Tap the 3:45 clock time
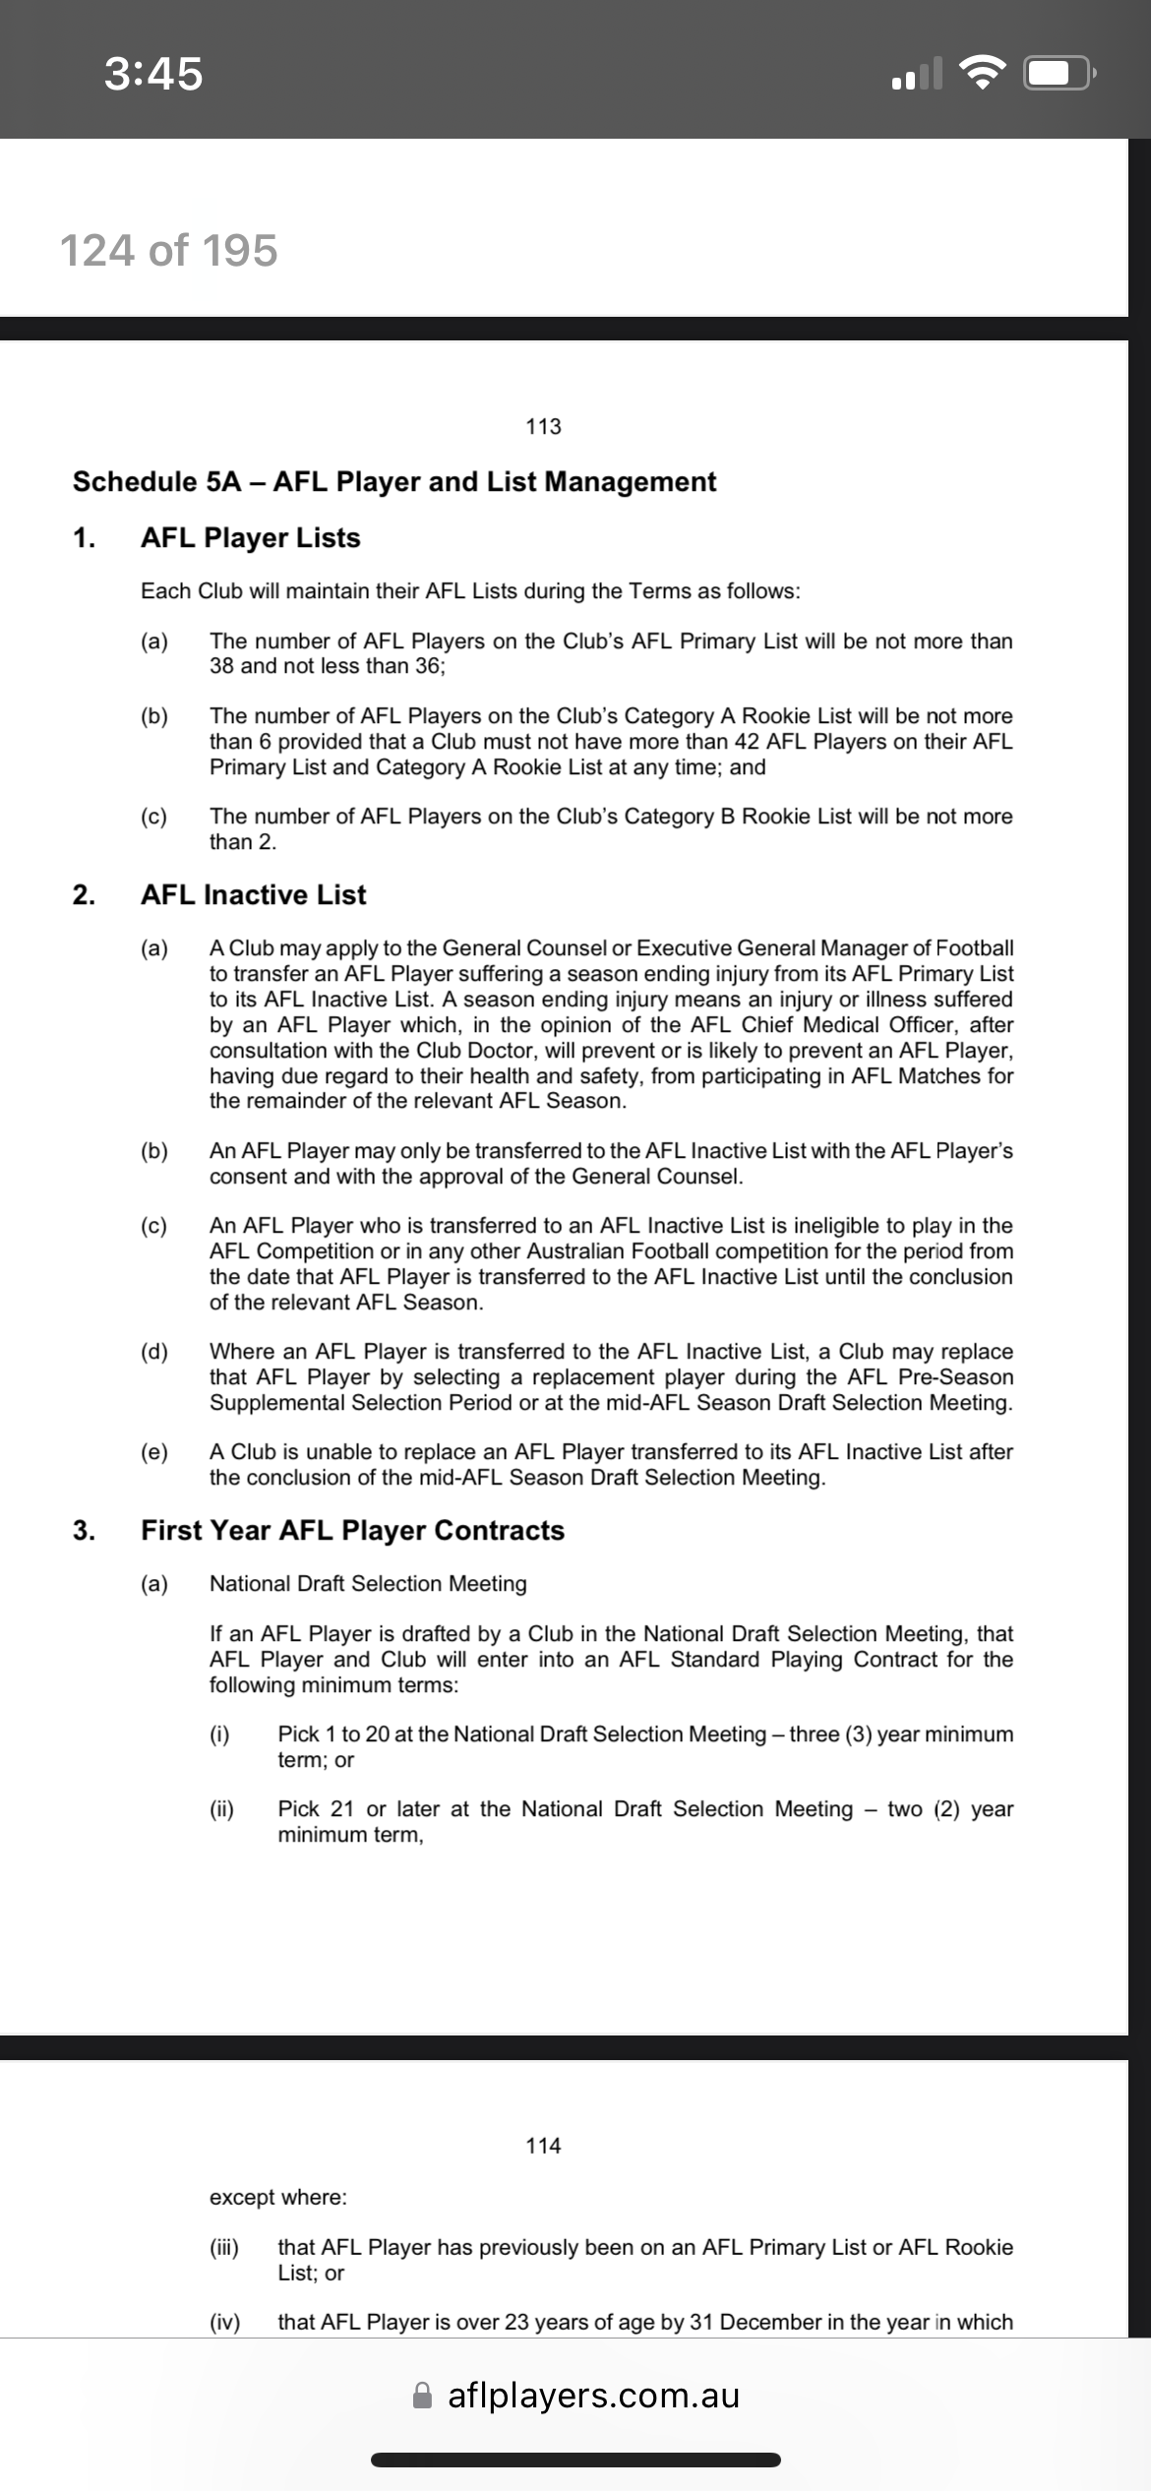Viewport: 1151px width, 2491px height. click(153, 74)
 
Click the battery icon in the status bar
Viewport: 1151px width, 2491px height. click(1059, 74)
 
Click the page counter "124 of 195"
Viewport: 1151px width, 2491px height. click(168, 251)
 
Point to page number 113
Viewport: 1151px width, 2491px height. click(543, 426)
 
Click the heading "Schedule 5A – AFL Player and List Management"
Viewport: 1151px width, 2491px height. click(394, 482)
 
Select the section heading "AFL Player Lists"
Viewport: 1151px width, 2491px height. click(250, 538)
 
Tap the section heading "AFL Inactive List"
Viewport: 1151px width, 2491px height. click(253, 895)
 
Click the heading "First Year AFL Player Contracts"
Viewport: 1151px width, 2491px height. click(352, 1531)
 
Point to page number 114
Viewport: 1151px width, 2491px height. click(543, 2146)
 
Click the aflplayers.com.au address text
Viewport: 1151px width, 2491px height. click(593, 2396)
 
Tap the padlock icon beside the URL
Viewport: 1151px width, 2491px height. click(423, 2395)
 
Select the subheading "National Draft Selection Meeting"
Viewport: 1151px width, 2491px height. click(368, 1584)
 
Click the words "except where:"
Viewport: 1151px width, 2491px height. click(277, 2198)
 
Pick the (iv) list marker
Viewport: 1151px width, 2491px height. click(224, 2323)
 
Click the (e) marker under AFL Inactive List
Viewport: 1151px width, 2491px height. click(154, 1452)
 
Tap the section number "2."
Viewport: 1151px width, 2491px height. click(85, 895)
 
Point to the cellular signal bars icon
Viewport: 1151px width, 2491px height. click(916, 74)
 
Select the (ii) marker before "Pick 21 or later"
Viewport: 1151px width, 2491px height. click(222, 1809)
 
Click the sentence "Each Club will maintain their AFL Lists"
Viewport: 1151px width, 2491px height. click(470, 591)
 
